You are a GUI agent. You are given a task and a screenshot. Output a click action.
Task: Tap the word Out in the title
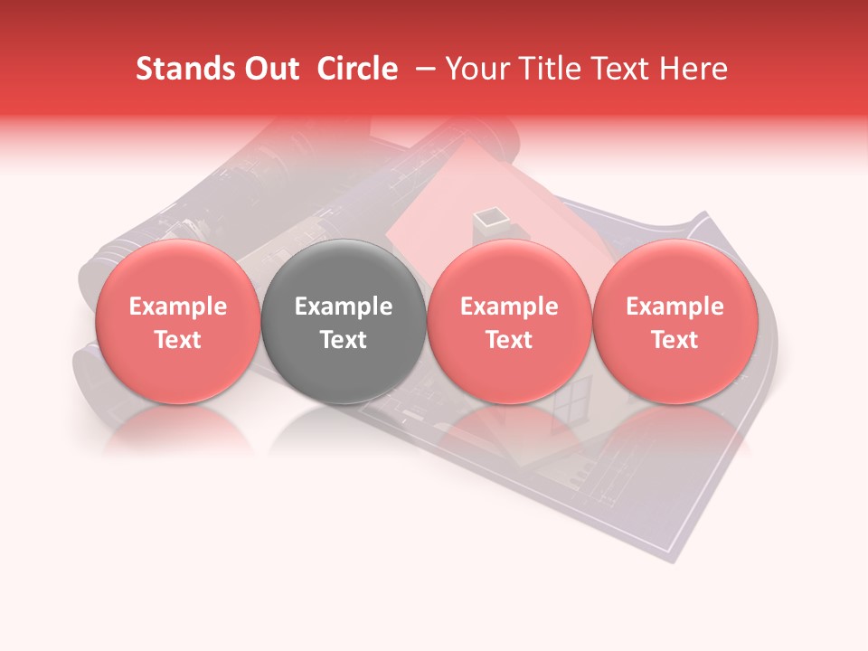(269, 70)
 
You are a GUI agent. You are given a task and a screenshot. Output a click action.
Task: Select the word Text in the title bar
(617, 70)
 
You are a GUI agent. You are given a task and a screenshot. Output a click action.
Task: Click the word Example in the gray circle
(344, 307)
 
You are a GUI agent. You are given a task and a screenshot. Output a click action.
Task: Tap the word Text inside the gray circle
(344, 340)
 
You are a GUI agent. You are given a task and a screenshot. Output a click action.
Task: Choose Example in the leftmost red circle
(177, 307)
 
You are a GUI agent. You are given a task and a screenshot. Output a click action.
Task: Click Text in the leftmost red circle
(177, 340)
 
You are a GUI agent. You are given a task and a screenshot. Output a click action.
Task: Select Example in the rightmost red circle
(675, 307)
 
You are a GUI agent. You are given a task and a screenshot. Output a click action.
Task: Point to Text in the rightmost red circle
(675, 340)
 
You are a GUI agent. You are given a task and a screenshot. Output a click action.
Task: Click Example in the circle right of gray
(509, 307)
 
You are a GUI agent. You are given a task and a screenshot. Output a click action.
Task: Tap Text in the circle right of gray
(509, 340)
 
